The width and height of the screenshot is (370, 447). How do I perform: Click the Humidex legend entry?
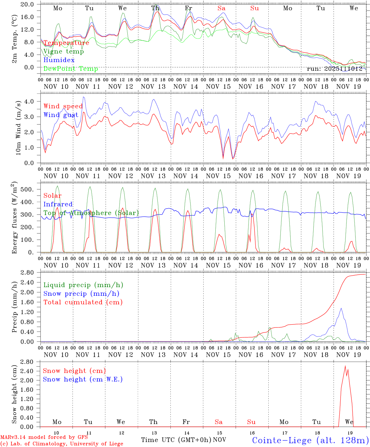59,60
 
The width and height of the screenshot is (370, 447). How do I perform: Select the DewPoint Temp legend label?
71,69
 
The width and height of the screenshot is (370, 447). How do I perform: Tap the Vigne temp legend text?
64,52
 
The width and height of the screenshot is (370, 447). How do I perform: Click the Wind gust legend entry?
61,115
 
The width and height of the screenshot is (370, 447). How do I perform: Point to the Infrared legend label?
58,204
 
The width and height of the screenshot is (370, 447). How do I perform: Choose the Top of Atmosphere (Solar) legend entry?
91,213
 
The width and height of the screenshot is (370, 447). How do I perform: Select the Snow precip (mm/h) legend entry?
81,294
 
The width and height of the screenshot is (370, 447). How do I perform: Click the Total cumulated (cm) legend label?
83,302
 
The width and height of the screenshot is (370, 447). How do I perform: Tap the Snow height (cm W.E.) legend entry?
83,379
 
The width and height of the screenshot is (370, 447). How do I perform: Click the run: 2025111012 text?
334,69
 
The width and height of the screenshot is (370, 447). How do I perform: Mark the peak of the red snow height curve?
345,366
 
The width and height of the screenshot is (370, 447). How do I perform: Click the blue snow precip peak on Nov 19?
341,308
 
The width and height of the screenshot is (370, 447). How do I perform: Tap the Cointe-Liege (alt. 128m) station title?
310,440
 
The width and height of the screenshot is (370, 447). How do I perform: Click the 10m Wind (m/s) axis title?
18,127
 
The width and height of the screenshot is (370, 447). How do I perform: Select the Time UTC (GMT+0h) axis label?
176,440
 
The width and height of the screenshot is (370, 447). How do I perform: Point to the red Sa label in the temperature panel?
221,8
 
